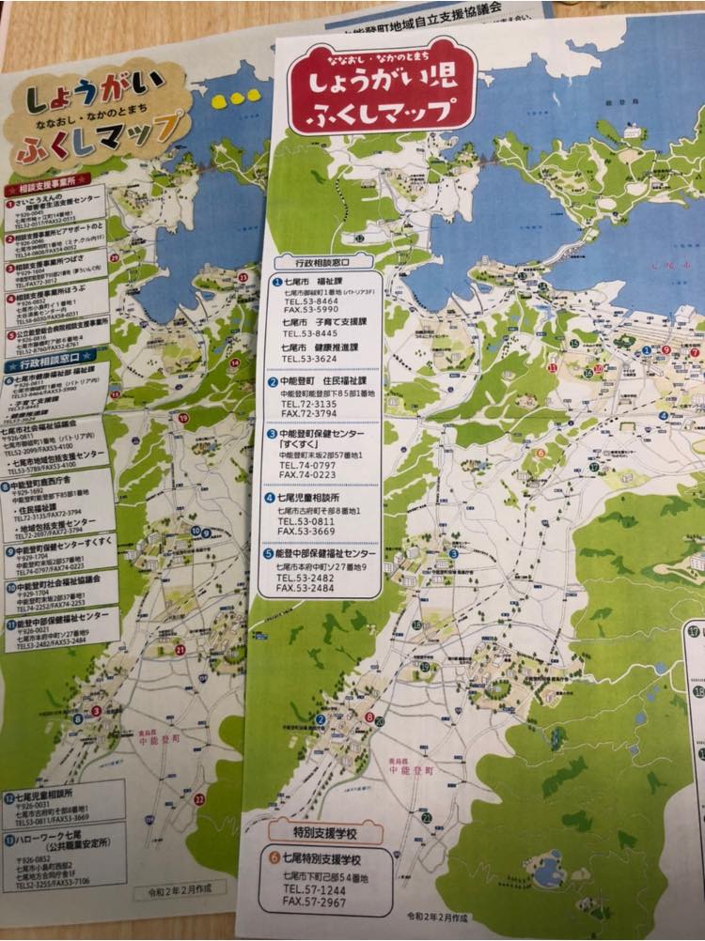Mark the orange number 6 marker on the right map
(x=540, y=453)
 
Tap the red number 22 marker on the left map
(x=198, y=799)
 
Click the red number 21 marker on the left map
(x=180, y=648)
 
